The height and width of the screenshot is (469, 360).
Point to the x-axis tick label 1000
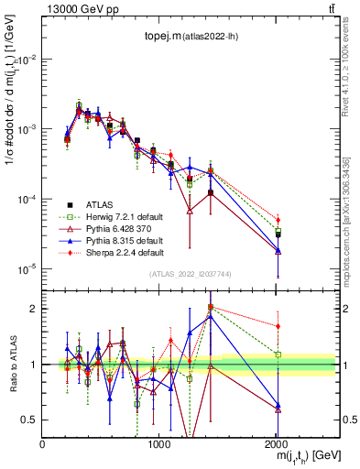158,444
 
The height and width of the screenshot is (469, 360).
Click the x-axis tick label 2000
276,444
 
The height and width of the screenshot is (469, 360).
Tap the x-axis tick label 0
42,444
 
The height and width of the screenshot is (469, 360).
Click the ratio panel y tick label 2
33,309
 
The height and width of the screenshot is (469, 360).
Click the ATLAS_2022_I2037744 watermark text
189,274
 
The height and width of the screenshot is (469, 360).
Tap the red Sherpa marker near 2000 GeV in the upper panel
278,220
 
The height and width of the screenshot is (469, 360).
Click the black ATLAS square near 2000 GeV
278,235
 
